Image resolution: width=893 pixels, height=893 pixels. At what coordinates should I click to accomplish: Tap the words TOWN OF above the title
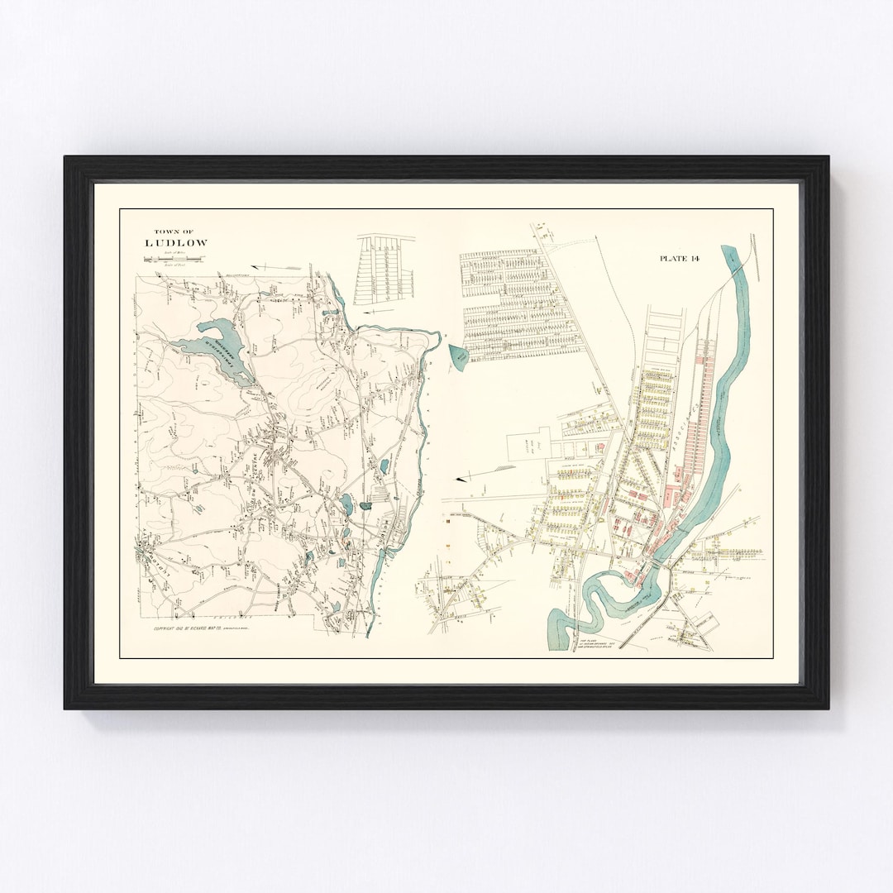coord(174,232)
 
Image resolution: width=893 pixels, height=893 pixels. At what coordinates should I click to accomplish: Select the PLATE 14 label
coord(680,259)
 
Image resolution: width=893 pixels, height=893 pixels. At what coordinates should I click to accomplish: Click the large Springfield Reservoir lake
coord(207,347)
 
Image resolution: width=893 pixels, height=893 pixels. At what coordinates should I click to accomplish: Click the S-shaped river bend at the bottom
coord(595,595)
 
